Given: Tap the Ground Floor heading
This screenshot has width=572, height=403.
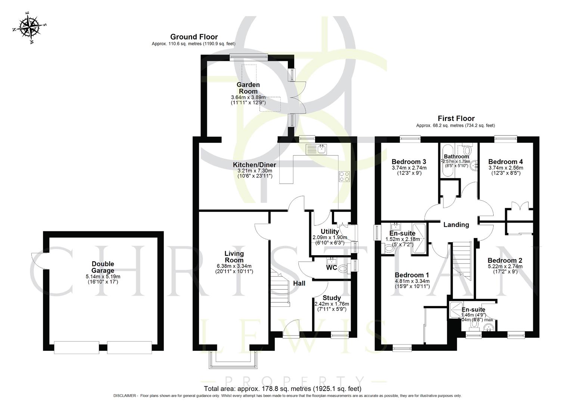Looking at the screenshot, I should pyautogui.click(x=194, y=37).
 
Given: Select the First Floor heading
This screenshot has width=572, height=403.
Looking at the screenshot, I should pyautogui.click(x=456, y=118).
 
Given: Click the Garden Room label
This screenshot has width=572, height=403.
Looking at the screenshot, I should pyautogui.click(x=248, y=88).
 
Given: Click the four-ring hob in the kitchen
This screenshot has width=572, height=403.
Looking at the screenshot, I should pyautogui.click(x=344, y=176).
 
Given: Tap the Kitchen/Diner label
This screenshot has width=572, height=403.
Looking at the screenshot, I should pyautogui.click(x=254, y=165).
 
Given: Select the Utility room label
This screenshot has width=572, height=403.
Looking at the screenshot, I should pyautogui.click(x=330, y=232).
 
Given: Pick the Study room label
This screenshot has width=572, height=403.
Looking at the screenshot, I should pyautogui.click(x=332, y=298).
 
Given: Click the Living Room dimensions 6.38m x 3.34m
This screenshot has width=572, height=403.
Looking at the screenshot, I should pyautogui.click(x=234, y=266).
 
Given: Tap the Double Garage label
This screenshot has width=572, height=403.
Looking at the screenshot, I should pyautogui.click(x=103, y=267).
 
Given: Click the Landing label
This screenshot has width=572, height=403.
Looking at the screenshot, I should pyautogui.click(x=456, y=225).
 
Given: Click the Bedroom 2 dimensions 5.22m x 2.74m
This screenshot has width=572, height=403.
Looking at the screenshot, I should pyautogui.click(x=505, y=266).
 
